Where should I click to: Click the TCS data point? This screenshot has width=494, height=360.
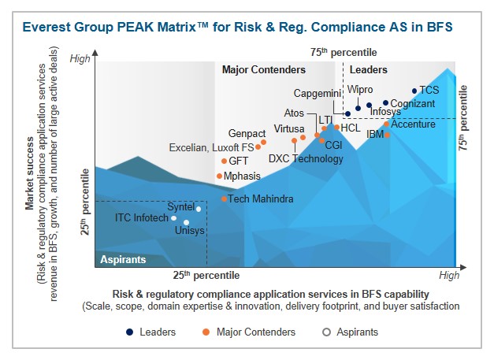coord(414,91)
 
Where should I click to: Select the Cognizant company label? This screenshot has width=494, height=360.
coord(412,102)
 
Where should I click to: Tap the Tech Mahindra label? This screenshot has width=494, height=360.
coord(261,199)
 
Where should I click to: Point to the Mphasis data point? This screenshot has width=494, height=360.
coord(220,176)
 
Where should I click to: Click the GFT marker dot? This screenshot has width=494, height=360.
coord(224,161)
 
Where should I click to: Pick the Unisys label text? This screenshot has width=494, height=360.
coord(189,231)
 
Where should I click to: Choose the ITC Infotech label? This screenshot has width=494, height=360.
coord(142,217)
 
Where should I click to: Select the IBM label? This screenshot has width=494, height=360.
coord(375,135)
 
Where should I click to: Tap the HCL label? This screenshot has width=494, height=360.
coord(351,127)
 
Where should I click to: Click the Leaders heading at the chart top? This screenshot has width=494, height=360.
coord(368,70)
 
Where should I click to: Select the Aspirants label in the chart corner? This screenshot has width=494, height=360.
coord(122,259)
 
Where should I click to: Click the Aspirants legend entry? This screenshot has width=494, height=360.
coord(351,332)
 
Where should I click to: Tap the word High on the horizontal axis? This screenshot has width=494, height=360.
coord(449,275)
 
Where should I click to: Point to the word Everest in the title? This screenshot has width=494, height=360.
coord(46,28)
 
